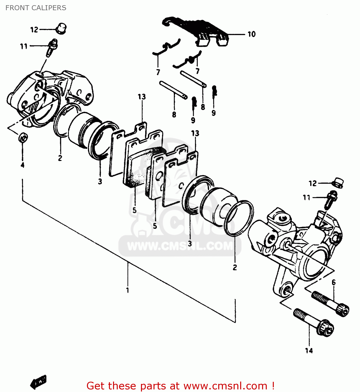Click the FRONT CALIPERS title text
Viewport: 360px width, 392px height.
coord(36,8)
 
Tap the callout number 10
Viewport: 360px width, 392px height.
coord(251,34)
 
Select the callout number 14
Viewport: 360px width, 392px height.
coord(309,351)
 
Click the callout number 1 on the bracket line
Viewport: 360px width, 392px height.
coord(128,290)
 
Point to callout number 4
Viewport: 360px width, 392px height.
coord(22,165)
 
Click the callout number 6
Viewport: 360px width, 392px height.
coord(334,283)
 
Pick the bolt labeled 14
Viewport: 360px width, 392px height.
coord(313,322)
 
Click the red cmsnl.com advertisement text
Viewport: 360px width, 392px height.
coord(180,386)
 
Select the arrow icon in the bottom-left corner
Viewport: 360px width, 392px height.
coord(38,382)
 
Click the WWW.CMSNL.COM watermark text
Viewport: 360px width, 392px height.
coord(180,246)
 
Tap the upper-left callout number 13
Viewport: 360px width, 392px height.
coord(142,97)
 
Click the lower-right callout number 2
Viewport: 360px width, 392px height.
coord(235,267)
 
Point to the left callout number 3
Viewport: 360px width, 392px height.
coord(100,181)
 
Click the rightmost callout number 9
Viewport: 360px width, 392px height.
coord(214,113)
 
